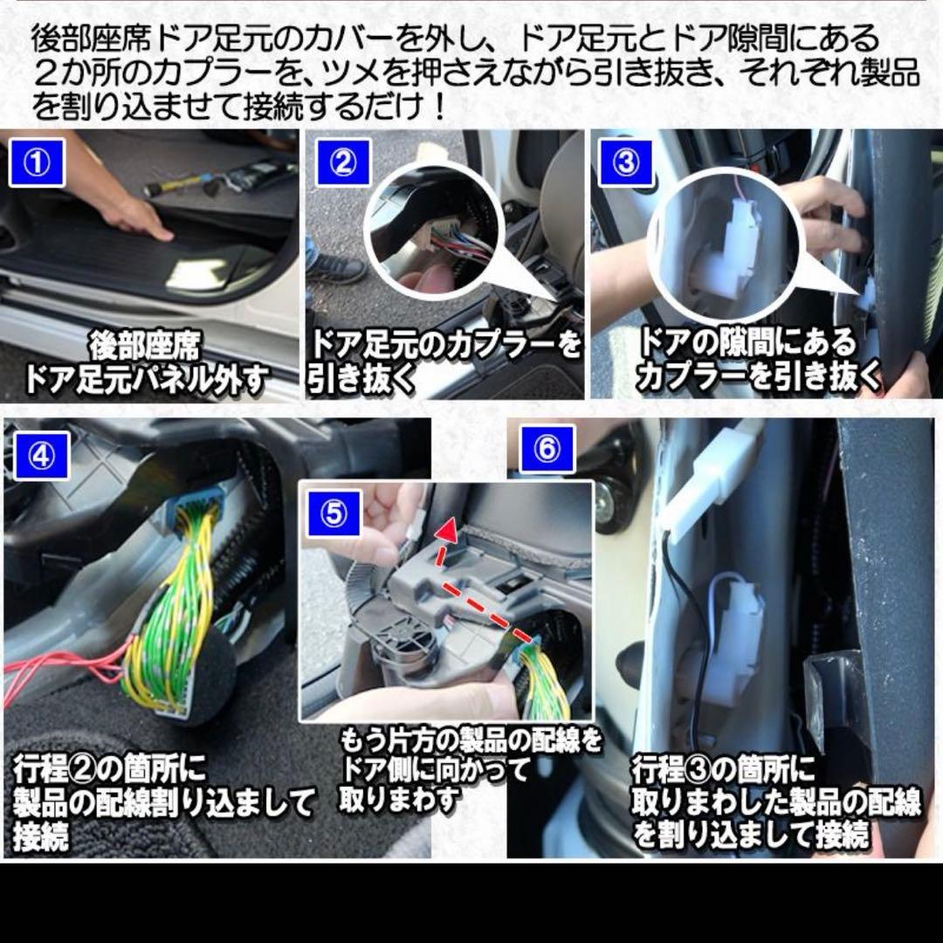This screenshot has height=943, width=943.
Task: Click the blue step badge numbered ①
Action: [x=37, y=162]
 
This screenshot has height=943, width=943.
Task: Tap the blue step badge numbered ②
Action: [x=342, y=162]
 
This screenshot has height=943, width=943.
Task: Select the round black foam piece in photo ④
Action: [x=210, y=677]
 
